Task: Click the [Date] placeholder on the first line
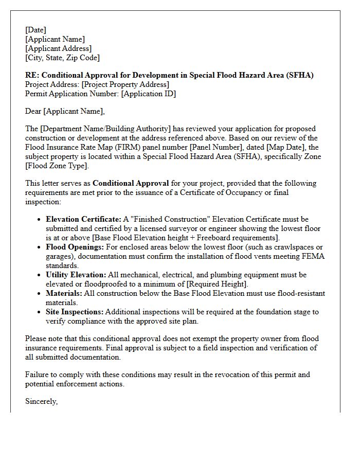pos(35,30)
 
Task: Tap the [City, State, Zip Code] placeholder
pos(62,58)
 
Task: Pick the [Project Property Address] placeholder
pos(125,84)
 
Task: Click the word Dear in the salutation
pos(33,111)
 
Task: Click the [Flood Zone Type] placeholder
pos(57,166)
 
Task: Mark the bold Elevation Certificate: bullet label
pos(83,219)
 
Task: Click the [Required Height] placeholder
pos(217,284)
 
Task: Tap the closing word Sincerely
pos(41,401)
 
